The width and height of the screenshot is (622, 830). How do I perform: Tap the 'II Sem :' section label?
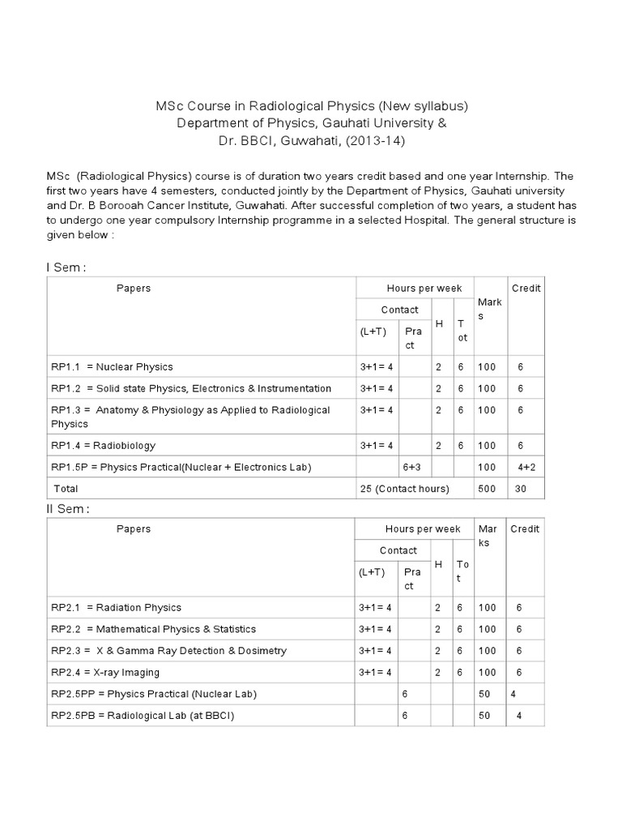66,508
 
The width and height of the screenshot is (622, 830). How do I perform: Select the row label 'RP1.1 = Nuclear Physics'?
112,366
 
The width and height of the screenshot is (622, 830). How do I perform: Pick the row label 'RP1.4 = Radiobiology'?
103,445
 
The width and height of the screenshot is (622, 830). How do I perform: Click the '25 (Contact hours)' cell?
404,489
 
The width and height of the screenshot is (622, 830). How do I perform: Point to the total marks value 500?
488,489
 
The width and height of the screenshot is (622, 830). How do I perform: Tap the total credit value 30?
520,489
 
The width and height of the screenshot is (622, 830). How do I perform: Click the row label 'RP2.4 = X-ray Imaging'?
105,672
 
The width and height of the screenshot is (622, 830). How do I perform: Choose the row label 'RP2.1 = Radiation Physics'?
116,607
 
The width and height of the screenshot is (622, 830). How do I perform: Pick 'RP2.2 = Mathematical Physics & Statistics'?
153,629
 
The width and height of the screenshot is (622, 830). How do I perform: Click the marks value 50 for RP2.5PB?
485,716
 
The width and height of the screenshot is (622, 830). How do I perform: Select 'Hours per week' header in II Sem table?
423,528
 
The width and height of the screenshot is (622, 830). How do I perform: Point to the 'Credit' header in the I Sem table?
526,288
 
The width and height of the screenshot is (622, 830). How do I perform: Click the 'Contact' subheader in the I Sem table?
399,309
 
